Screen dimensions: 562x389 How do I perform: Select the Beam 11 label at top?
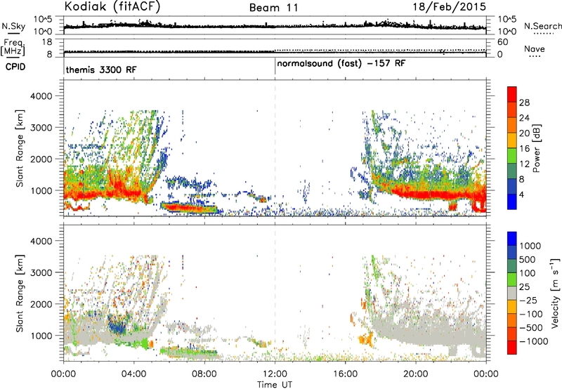click(x=274, y=8)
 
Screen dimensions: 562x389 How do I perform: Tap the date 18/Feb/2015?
click(x=450, y=7)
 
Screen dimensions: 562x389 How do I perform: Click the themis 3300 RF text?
click(x=101, y=70)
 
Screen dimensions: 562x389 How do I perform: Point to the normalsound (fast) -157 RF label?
click(x=341, y=63)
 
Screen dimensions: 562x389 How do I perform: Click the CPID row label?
click(x=15, y=67)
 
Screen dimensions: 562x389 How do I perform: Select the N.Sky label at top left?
click(x=13, y=26)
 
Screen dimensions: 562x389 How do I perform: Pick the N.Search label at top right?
click(x=543, y=26)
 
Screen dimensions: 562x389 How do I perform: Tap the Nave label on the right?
click(x=535, y=48)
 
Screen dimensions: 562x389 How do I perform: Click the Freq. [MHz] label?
click(x=13, y=47)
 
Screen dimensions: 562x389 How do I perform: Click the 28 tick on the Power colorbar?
click(x=524, y=103)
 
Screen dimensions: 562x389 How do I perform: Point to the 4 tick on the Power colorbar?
click(x=521, y=194)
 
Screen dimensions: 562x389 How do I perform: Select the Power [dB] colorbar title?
click(x=536, y=148)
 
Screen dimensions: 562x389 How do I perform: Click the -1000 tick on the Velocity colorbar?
click(x=534, y=341)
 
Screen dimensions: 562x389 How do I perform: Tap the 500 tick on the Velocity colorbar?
click(x=528, y=260)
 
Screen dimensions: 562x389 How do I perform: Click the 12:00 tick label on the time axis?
click(x=275, y=374)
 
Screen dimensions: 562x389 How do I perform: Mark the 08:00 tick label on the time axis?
click(x=204, y=374)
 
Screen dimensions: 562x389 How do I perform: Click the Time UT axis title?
click(x=275, y=384)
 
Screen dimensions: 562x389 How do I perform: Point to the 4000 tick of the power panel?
click(x=41, y=96)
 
